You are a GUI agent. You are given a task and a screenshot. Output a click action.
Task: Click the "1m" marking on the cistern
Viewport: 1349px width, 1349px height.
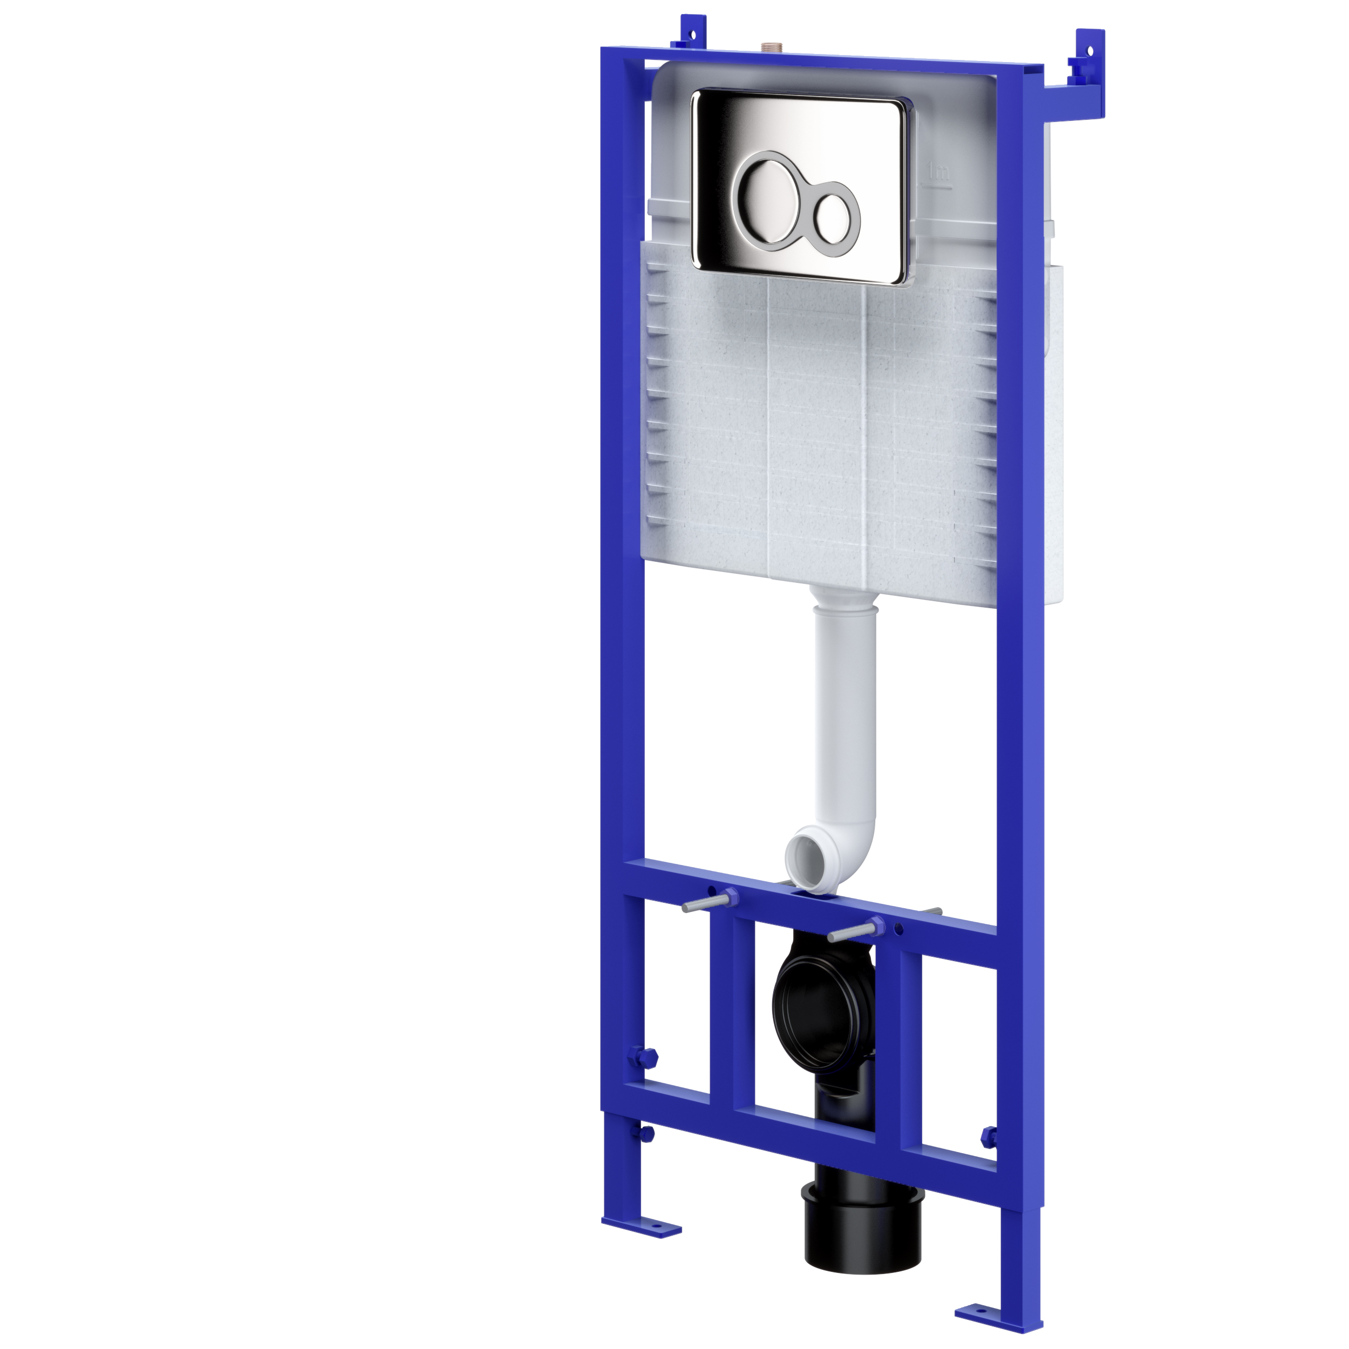pyautogui.click(x=938, y=171)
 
